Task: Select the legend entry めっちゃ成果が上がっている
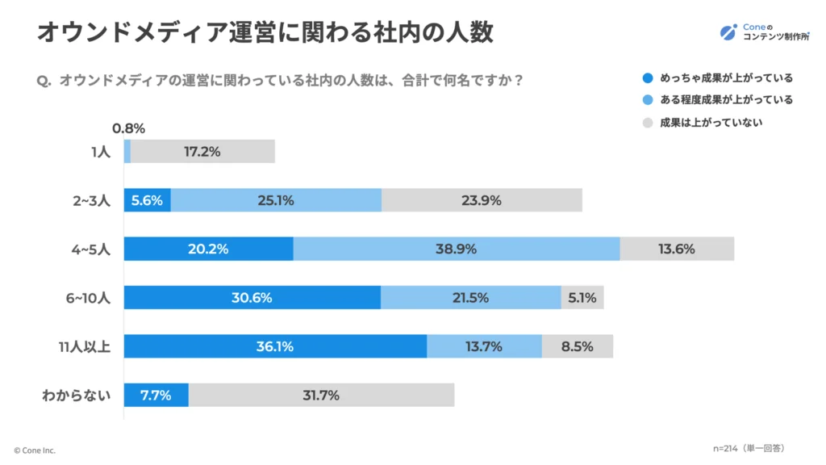pos(717,78)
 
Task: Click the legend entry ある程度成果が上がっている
pos(717,100)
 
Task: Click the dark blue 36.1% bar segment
pos(275,346)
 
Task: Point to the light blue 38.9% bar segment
pos(457,249)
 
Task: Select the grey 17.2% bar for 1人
pos(202,152)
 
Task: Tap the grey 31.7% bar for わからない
pos(321,396)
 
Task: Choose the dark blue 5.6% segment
pos(147,200)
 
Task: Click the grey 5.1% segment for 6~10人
pos(582,298)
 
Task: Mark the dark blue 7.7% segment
pos(156,396)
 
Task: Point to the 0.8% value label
pos(129,128)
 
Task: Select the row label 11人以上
pos(85,347)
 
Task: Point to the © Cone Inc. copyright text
pos(35,450)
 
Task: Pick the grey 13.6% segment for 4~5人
pos(677,249)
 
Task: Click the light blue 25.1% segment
pos(276,200)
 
